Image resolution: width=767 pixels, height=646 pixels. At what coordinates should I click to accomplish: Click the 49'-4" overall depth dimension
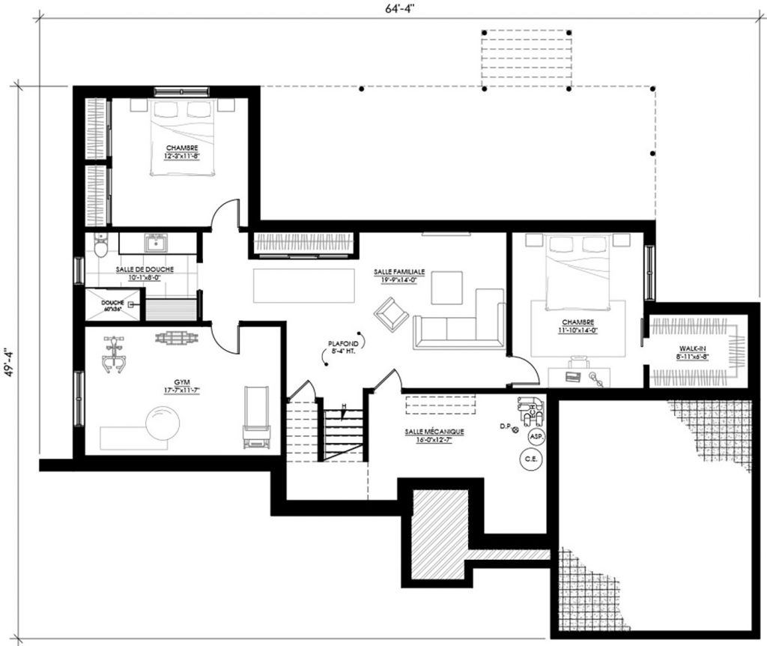pos(8,363)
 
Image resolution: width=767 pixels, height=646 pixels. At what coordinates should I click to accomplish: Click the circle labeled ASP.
pos(536,435)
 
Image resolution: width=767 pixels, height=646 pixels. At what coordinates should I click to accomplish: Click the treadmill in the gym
pos(255,420)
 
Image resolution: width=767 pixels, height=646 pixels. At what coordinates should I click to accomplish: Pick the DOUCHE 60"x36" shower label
pos(112,305)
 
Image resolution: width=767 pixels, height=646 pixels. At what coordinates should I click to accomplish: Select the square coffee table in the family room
pos(446,287)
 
